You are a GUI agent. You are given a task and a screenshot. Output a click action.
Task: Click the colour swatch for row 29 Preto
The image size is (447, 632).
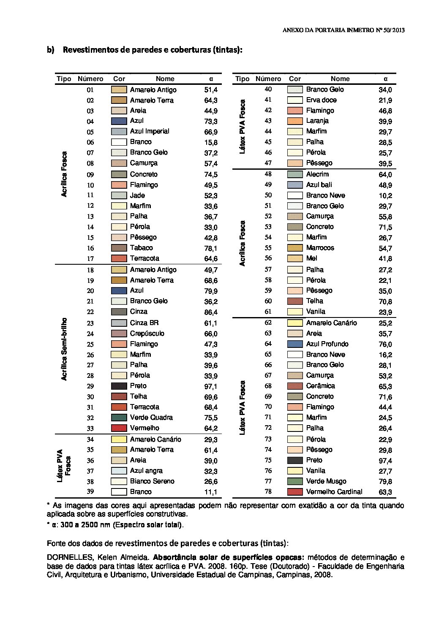pyautogui.click(x=119, y=386)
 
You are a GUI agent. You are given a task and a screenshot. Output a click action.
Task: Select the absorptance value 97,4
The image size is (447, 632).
pyautogui.click(x=385, y=461)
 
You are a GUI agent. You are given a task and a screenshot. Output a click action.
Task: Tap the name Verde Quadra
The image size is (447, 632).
pyautogui.click(x=151, y=418)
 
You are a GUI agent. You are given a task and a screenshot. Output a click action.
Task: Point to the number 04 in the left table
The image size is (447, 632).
pyautogui.click(x=90, y=122)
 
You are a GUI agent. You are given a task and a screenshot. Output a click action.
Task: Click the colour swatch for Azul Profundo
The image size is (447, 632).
pyautogui.click(x=295, y=344)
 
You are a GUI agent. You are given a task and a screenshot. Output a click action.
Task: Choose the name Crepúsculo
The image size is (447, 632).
pyautogui.click(x=147, y=334)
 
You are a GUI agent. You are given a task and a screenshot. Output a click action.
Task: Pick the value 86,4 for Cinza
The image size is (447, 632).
pyautogui.click(x=211, y=312)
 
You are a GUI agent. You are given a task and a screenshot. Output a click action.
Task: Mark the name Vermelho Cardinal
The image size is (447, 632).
pyautogui.click(x=334, y=492)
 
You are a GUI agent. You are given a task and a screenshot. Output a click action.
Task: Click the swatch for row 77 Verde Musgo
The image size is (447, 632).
pyautogui.click(x=295, y=481)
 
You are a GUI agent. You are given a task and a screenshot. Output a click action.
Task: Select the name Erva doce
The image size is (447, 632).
pyautogui.click(x=321, y=100)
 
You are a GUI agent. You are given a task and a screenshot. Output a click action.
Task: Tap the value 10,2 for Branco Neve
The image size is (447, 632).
pyautogui.click(x=385, y=196)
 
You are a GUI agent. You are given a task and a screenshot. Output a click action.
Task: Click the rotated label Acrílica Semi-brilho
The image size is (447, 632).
pyautogui.click(x=64, y=350)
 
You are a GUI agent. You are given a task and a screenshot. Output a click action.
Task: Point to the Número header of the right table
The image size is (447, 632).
pyautogui.click(x=268, y=79)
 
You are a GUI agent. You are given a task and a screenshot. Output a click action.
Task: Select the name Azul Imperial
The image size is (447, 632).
pyautogui.click(x=150, y=131)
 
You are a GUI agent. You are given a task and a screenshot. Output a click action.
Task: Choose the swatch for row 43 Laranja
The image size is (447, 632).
pyautogui.click(x=295, y=121)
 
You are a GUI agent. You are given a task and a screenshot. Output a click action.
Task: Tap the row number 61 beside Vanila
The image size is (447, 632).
pyautogui.click(x=268, y=312)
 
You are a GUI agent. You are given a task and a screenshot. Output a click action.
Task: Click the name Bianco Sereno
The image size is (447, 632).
pyautogui.click(x=152, y=481)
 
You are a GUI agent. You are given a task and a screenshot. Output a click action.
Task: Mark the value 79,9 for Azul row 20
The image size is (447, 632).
pyautogui.click(x=211, y=291)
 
